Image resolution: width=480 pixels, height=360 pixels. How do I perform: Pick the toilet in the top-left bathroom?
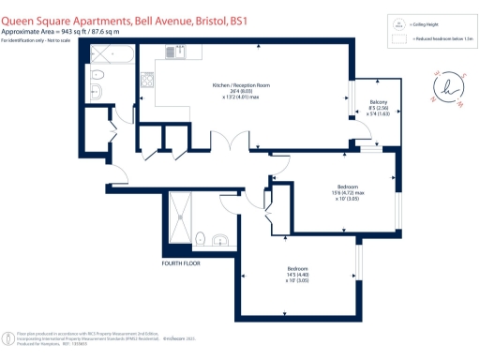[97, 91]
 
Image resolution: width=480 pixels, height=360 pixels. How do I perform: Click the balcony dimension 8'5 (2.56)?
[378, 109]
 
